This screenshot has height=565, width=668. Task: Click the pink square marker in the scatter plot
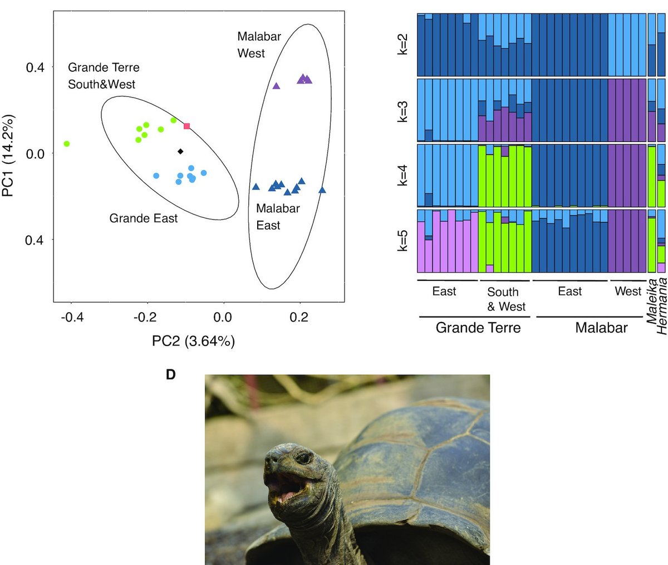click(187, 126)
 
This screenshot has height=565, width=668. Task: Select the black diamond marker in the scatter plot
click(180, 151)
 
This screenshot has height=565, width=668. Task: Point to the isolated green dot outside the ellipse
click(67, 144)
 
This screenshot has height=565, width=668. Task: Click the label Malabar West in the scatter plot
click(259, 45)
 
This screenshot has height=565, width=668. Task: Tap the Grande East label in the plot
click(143, 218)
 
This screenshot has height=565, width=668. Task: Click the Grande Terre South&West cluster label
click(104, 76)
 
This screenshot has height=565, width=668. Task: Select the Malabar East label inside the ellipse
click(277, 217)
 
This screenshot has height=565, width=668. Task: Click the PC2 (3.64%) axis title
click(193, 341)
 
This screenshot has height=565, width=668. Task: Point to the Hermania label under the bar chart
click(662, 306)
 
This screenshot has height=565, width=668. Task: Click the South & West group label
click(505, 299)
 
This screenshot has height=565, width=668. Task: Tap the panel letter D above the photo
click(171, 375)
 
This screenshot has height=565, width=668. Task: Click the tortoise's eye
click(303, 458)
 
